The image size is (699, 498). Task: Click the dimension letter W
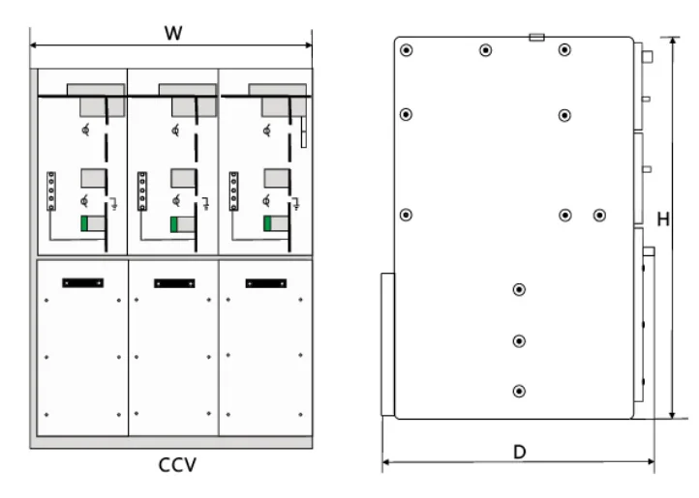tap(172, 32)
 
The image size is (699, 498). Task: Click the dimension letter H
tap(663, 220)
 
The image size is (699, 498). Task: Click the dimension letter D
tap(519, 452)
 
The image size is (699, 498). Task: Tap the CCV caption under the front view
tap(177, 466)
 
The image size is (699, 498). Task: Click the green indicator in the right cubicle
tap(267, 224)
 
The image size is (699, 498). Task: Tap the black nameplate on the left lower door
tap(82, 282)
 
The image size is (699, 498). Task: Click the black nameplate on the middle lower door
tap(173, 283)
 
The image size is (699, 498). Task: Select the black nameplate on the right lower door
tap(265, 283)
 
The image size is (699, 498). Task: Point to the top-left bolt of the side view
tap(407, 51)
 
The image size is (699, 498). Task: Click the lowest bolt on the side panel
tap(520, 391)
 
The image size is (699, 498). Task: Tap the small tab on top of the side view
tap(537, 38)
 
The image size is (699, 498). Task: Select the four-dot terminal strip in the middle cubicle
tap(142, 190)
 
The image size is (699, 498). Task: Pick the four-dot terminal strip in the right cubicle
tap(233, 190)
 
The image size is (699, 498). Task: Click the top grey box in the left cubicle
tap(101, 101)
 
